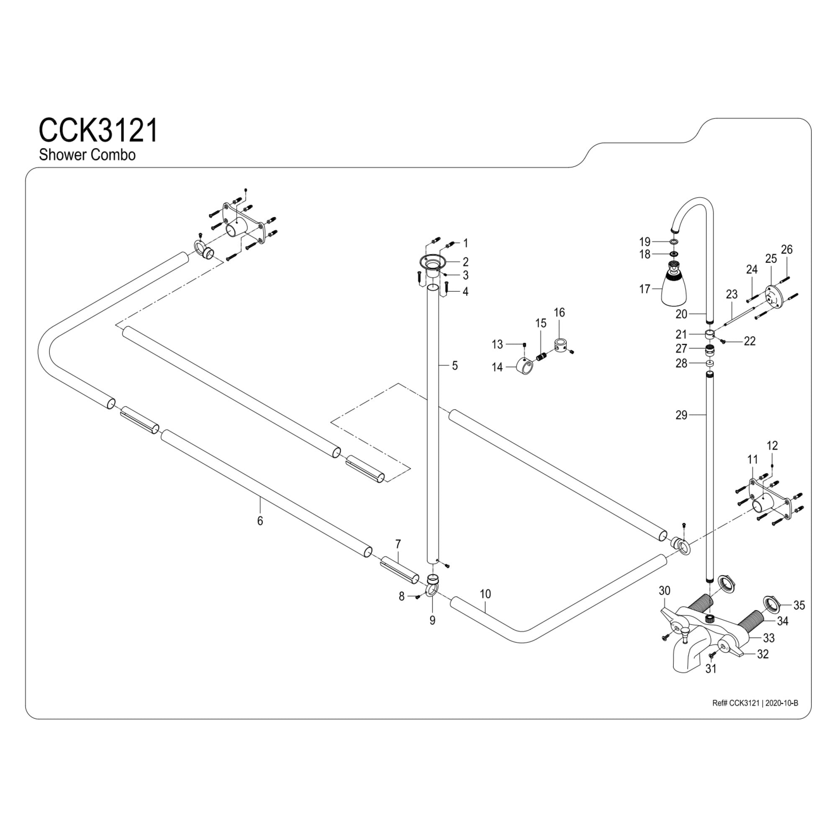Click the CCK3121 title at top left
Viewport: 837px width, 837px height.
point(98,131)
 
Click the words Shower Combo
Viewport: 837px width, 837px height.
point(87,155)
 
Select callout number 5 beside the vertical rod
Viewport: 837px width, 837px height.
point(454,366)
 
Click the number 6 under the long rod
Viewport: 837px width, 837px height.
point(260,521)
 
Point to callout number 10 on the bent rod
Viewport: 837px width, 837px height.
point(485,594)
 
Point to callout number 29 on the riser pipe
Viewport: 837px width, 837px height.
point(681,415)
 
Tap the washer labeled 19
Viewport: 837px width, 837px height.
point(673,241)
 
